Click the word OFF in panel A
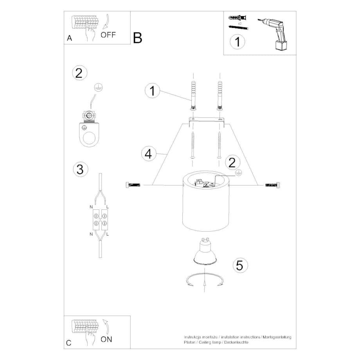point(108,35)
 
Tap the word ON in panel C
point(106,339)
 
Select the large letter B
point(137,38)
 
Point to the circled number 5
point(240,265)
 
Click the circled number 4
point(149,154)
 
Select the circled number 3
point(80,169)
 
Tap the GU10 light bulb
point(205,252)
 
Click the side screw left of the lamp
point(133,185)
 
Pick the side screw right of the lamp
point(273,185)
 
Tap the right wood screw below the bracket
point(220,145)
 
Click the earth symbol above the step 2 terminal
point(99,88)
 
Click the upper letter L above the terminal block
point(108,207)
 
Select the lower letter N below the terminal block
point(91,234)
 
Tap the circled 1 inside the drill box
point(238,42)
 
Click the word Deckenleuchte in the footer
point(236,342)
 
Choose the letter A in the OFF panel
point(69,38)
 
